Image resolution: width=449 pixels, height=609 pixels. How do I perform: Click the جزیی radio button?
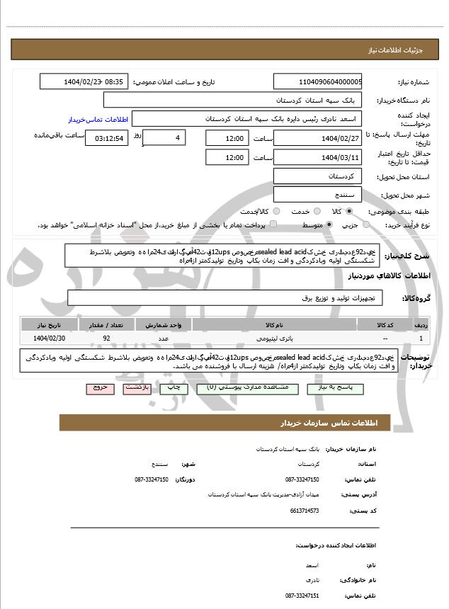366,224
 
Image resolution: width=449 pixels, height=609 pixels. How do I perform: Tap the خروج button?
99,388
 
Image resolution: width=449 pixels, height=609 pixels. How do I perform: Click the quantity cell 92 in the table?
106,338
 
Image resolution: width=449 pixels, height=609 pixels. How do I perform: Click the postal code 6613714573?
305,510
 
